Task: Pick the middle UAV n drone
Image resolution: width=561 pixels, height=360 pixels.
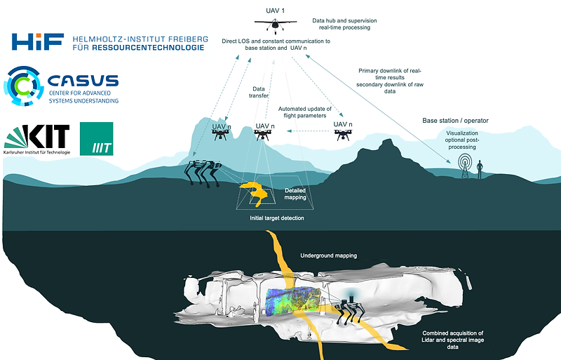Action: coord(264,135)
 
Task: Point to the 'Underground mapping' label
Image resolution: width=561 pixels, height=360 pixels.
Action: coord(329,256)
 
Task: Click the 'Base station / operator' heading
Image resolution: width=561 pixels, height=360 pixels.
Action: coord(455,121)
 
